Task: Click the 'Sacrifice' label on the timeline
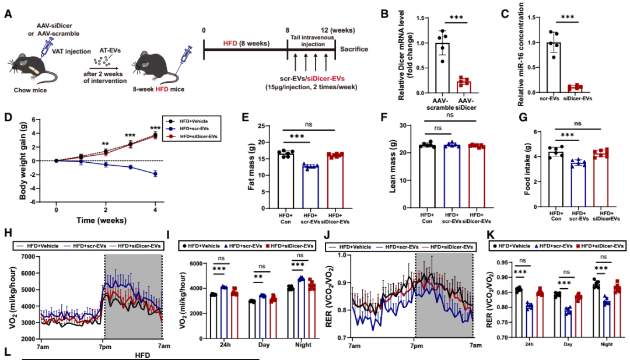tap(355, 50)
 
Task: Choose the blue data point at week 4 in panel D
tap(155, 173)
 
